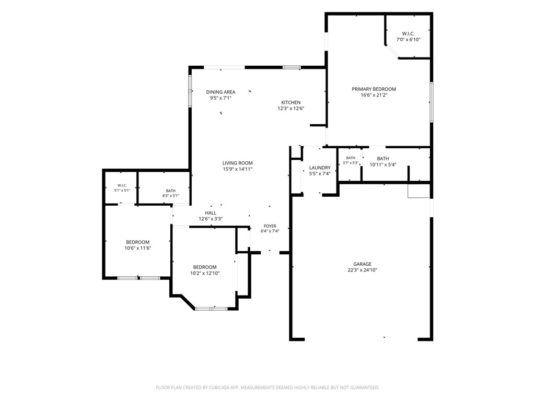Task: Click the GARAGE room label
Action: click(363, 264)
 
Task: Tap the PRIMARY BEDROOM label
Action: click(374, 89)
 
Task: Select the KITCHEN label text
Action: click(290, 102)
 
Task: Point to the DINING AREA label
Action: click(221, 92)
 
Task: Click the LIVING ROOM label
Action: click(238, 163)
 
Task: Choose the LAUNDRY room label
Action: click(320, 168)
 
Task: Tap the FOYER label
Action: click(270, 226)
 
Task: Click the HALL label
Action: click(211, 213)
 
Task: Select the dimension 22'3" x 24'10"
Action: click(363, 270)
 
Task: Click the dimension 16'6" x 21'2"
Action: click(374, 95)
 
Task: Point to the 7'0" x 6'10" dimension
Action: click(408, 40)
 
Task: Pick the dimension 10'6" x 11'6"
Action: click(138, 248)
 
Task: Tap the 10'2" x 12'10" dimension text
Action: click(205, 273)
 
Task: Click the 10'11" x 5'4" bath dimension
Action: click(383, 164)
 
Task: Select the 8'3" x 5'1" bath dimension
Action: click(171, 196)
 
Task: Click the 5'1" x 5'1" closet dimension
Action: click(122, 190)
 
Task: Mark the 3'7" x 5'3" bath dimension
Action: click(351, 163)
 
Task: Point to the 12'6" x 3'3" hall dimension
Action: click(211, 219)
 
